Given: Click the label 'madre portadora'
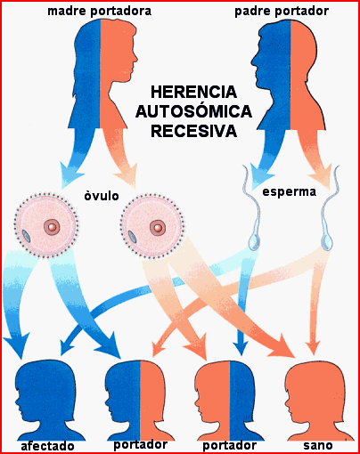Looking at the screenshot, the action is pos(100,12).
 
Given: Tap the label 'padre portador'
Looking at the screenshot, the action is pos(282,12).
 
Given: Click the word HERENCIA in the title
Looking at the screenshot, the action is pos(193,92).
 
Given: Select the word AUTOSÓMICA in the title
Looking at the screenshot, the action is pos(193,111).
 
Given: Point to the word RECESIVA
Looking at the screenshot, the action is pos(193,131).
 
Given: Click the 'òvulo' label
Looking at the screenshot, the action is pos(102,196).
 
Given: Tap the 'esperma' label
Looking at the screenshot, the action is pos(290,192).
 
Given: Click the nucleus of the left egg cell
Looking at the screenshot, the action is pos(52,227).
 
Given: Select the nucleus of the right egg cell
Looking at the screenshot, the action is pos(158,228).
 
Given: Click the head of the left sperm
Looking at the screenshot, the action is pos(254,242).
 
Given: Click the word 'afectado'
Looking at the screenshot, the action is pos(47,446).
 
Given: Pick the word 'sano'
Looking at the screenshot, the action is pos(318,445).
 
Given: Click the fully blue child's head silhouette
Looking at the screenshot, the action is pos(47,401).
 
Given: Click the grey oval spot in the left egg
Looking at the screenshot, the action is pos(27,236).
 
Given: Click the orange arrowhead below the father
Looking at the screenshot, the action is pos(322,177).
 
